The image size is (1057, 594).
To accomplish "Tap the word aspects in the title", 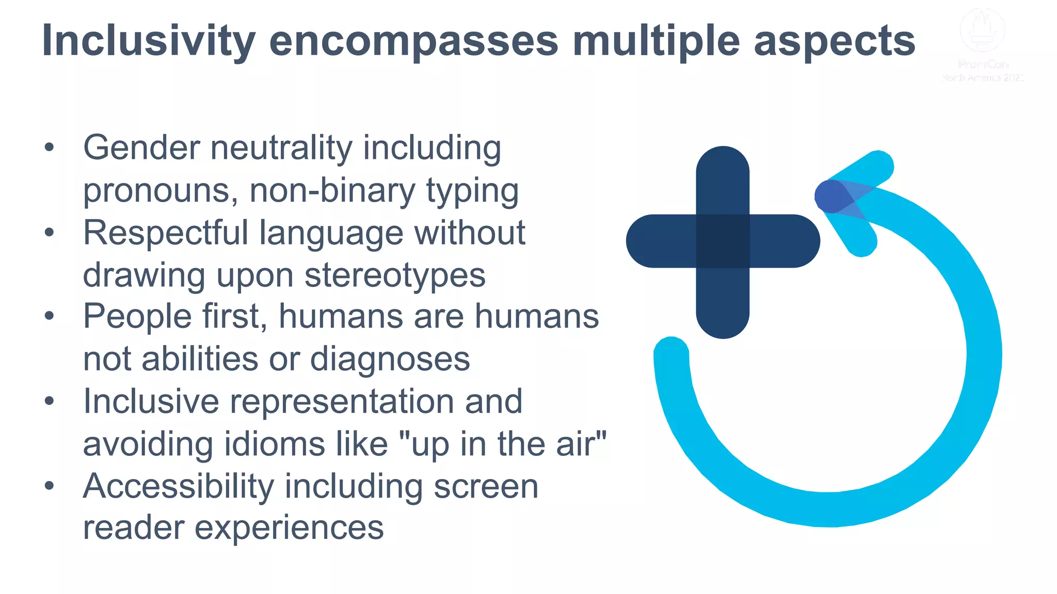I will [834, 41].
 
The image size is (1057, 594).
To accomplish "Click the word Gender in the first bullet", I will [141, 148].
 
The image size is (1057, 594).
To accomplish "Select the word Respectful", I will [166, 233].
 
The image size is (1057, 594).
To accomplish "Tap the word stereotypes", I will [395, 275].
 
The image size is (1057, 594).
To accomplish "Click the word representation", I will [342, 402].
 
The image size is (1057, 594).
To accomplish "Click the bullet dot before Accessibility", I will [49, 486].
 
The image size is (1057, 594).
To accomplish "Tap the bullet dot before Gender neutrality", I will [49, 147].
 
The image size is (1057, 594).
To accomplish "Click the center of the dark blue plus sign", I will [723, 241].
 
